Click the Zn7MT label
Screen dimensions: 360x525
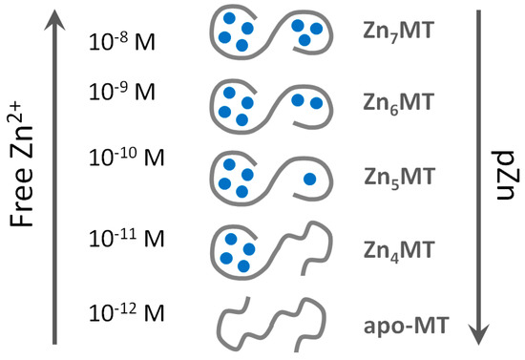400,33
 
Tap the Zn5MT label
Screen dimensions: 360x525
400,177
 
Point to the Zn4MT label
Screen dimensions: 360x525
400,249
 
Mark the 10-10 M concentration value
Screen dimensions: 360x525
127,157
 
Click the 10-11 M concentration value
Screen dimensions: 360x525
127,235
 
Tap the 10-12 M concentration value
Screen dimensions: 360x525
127,312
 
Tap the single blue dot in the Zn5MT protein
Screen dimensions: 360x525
309,179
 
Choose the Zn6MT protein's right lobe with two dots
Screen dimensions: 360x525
305,101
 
